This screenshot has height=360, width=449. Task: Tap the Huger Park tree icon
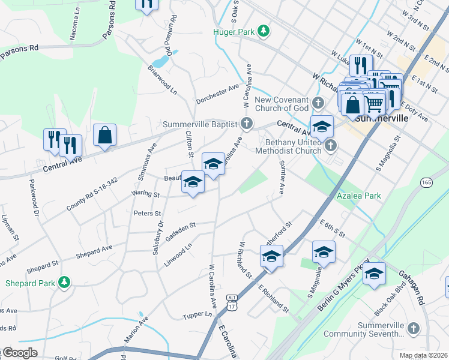[263, 31]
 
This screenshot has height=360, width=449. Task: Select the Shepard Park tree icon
[64, 282]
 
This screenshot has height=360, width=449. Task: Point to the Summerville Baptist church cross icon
[246, 124]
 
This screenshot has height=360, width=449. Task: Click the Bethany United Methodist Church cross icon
[330, 146]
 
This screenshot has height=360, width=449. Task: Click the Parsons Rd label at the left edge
[19, 52]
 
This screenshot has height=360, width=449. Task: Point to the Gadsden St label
[181, 230]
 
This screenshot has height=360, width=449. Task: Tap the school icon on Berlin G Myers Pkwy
[374, 274]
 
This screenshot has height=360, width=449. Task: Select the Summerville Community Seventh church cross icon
[413, 328]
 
